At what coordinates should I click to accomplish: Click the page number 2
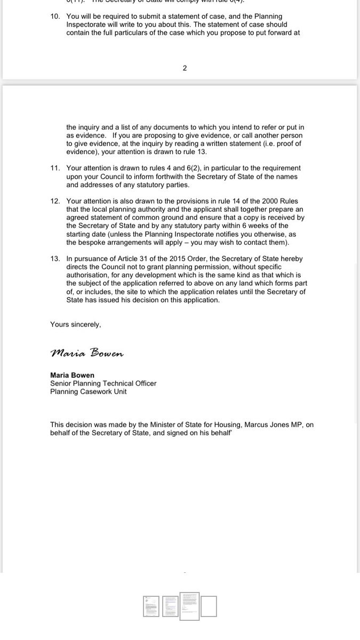[185, 68]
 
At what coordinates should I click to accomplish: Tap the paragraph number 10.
[55, 17]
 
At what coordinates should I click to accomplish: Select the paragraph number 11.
[55, 168]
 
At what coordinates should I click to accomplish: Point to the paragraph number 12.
[55, 201]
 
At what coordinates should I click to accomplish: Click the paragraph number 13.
[55, 259]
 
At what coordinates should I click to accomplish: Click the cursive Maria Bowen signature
[86, 353]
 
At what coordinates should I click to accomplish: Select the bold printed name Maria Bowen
[73, 375]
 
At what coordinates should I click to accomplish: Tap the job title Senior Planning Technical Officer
[103, 383]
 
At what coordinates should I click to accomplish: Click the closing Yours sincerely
[75, 324]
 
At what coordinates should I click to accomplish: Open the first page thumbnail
[151, 606]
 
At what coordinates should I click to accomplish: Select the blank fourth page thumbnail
[209, 606]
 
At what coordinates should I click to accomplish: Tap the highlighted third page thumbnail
[189, 606]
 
